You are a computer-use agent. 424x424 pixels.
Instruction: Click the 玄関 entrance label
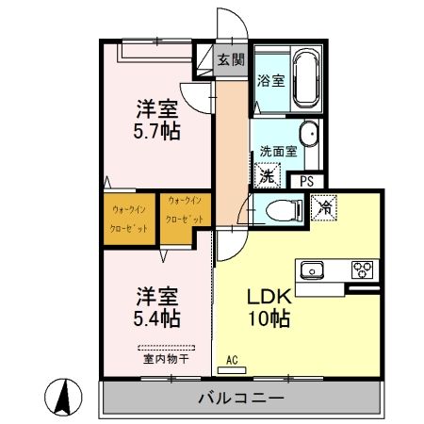230,59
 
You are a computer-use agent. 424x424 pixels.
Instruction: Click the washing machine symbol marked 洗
268,175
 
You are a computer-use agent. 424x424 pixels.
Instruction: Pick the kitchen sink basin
313,271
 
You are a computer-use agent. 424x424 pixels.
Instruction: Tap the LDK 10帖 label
268,306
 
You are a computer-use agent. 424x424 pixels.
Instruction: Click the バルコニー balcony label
240,399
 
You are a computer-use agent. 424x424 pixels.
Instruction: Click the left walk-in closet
129,218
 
